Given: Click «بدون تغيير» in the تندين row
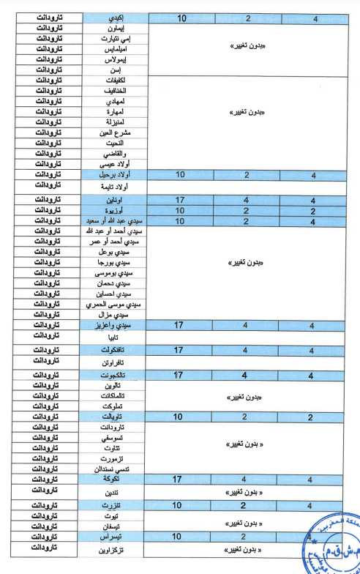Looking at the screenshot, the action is click(x=250, y=492).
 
